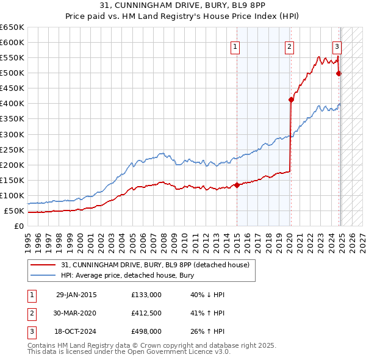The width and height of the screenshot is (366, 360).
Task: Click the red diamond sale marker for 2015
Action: pyautogui.click(x=236, y=185)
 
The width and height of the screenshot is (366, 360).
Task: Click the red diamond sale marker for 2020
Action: pyautogui.click(x=291, y=99)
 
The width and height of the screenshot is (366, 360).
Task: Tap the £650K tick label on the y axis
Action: pyautogui.click(x=12, y=27)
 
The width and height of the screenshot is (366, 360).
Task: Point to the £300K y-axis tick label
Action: pyautogui.click(x=12, y=134)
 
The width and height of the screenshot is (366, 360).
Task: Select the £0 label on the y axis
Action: pyautogui.click(x=19, y=226)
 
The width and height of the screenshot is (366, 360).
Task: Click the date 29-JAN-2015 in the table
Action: pyautogui.click(x=76, y=295)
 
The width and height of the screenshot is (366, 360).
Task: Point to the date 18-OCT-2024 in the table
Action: pyautogui.click(x=76, y=331)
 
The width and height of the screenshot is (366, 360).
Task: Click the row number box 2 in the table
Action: pyautogui.click(x=30, y=313)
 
